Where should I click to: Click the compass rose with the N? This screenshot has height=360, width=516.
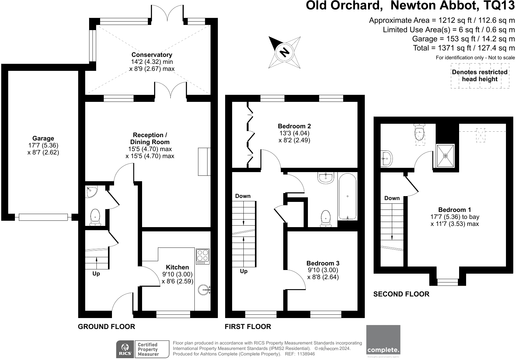point(284,52)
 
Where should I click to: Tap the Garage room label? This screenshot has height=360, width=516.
point(43,139)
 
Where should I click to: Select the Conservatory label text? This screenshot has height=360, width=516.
point(152,55)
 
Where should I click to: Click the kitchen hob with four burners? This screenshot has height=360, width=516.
point(203,256)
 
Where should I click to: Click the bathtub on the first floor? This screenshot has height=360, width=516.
point(347,196)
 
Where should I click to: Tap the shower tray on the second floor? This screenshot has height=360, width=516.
point(445,156)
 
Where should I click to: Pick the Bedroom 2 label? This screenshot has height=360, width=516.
point(294,126)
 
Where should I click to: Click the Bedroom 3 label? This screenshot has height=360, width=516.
point(323,263)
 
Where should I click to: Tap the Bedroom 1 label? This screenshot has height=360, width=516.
point(455,210)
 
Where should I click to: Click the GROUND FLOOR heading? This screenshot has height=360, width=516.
point(106,327)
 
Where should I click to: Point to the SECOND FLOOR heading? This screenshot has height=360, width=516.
point(401,294)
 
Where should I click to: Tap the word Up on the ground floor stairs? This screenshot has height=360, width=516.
point(96,274)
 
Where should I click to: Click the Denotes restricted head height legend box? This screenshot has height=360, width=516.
point(480,76)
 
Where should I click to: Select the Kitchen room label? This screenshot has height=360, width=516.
point(177,267)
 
